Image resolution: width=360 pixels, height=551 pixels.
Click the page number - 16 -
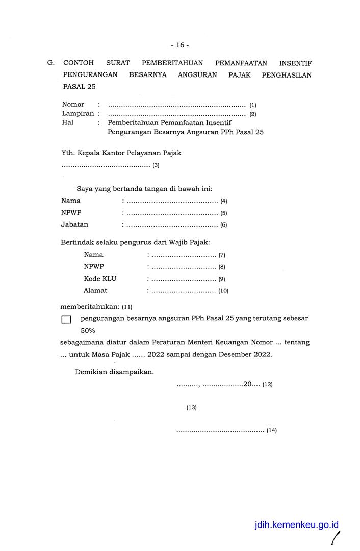coord(180,45)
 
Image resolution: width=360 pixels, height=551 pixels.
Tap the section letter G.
coord(50,63)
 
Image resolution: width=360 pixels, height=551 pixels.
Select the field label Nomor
coord(73,104)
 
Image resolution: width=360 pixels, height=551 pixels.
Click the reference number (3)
coord(156,165)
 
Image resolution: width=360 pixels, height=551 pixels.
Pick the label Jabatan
coord(74,224)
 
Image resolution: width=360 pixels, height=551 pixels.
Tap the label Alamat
coord(95,290)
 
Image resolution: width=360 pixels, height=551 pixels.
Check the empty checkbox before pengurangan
coord(66,320)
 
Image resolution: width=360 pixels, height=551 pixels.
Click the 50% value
coord(88,330)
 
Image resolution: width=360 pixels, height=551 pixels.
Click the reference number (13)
coord(191,407)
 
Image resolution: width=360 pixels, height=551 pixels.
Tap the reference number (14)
coord(271,430)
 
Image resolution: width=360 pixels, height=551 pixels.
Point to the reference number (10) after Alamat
coord(223,291)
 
